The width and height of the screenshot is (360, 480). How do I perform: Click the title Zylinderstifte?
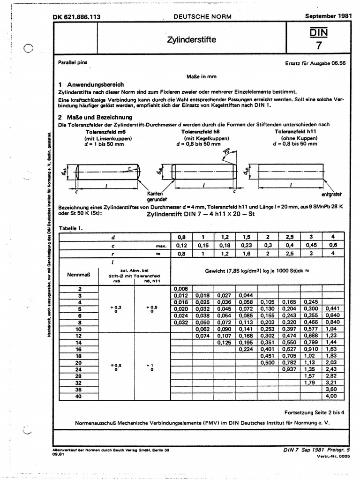click(x=191, y=40)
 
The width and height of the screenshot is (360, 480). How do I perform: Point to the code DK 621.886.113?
click(x=77, y=17)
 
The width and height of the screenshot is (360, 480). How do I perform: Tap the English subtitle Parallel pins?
click(x=72, y=62)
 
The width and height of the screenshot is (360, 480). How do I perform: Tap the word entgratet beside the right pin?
click(x=331, y=194)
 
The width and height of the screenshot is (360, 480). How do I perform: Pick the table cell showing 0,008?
click(x=180, y=289)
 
